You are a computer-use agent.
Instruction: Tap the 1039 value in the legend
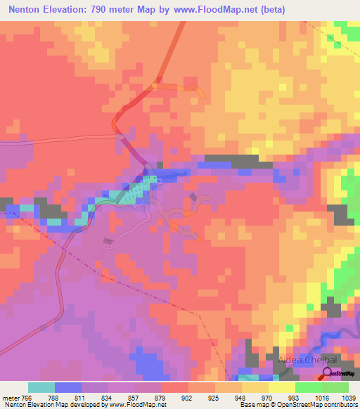349,396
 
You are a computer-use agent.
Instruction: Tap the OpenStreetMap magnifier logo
328,373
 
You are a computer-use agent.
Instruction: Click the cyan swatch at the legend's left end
41,387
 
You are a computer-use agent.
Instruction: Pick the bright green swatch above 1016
308,387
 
